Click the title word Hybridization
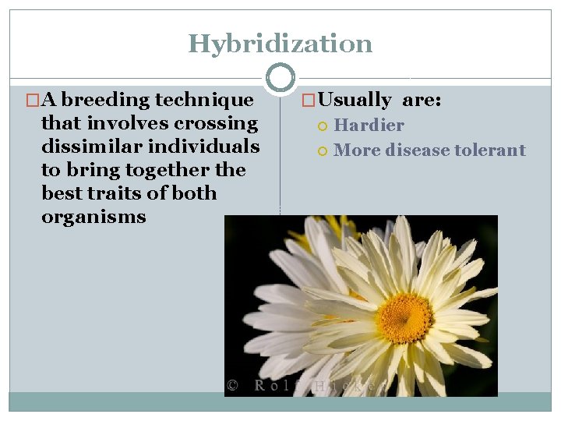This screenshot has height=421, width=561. point(280,44)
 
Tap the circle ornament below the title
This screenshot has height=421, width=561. point(280,77)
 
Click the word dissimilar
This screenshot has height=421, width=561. point(86,147)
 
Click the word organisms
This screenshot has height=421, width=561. point(93,217)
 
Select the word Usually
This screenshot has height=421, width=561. point(355,100)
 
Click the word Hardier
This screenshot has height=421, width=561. point(369,125)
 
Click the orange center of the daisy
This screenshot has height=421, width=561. point(405,318)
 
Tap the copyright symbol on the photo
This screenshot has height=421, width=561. point(232,384)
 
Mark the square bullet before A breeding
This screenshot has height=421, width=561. point(32,101)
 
